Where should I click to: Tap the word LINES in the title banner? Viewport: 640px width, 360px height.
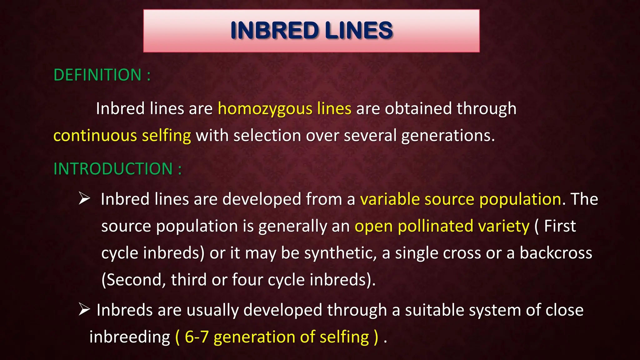[358, 31]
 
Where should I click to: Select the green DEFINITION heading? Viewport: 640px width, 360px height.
[97, 75]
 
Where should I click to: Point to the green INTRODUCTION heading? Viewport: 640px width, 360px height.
[113, 169]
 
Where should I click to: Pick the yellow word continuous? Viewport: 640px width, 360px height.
[95, 136]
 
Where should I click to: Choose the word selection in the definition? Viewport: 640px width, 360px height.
[267, 136]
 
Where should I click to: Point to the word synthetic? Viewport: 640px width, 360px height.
[340, 253]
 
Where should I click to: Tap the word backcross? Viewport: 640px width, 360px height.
[556, 253]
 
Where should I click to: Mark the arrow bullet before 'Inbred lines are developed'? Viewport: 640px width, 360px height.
[84, 198]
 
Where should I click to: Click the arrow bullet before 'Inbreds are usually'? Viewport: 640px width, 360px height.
[84, 309]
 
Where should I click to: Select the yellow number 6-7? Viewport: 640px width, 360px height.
[197, 337]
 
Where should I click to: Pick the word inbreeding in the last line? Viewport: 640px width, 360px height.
[130, 337]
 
